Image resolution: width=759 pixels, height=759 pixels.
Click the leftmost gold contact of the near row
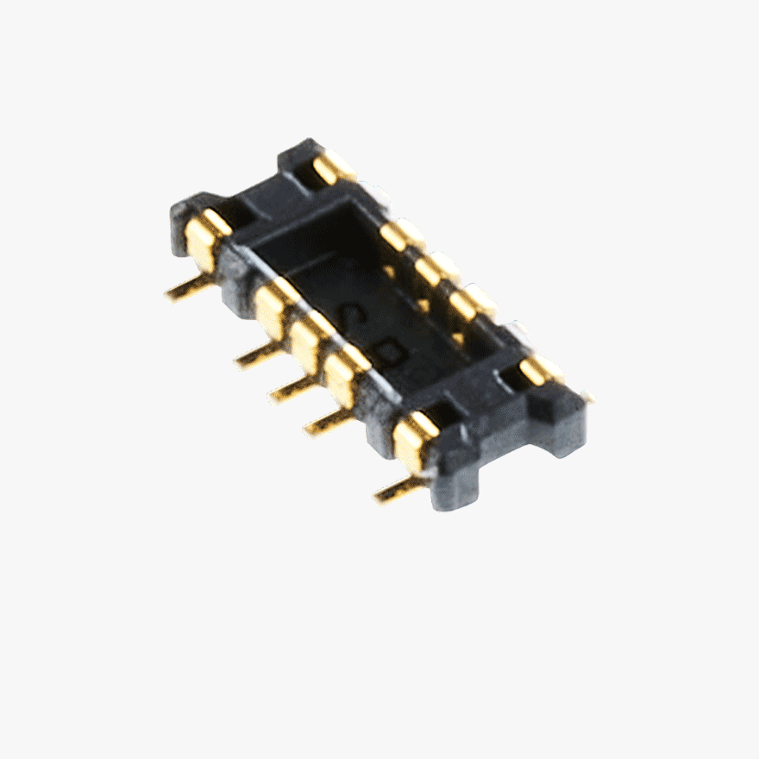[x=204, y=239]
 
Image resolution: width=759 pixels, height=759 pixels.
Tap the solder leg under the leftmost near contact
[x=188, y=290]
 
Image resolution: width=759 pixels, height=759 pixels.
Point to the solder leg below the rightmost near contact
[x=398, y=490]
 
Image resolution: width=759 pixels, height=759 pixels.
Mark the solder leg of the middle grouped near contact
[x=293, y=390]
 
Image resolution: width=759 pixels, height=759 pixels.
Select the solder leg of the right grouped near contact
[x=328, y=422]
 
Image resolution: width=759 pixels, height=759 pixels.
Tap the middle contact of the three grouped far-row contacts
[x=436, y=268]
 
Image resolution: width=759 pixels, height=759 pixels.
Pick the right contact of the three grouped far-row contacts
[x=470, y=302]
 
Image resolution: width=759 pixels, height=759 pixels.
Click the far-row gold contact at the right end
[x=538, y=370]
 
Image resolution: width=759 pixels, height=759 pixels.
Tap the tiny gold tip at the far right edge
[x=588, y=398]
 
